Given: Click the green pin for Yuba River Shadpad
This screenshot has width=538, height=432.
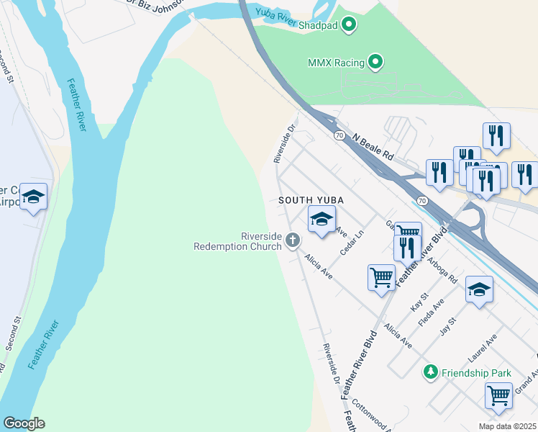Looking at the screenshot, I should click(350, 25).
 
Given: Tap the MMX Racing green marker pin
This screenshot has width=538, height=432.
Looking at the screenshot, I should click(375, 63).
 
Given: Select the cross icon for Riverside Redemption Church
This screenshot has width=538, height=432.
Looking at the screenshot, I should click(293, 240).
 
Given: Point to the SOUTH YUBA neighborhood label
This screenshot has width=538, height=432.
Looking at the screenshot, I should click(311, 199).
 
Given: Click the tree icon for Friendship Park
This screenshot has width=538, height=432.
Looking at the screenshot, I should click(430, 372).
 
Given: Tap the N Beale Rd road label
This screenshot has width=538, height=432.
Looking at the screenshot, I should click(373, 145).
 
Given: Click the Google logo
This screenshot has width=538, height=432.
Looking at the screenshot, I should click(24, 423).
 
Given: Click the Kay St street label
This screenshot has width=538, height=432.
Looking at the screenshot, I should click(419, 302).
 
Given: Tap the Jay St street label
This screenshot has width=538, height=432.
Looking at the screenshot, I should click(448, 327).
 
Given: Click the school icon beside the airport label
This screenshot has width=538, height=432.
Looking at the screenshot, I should click(33, 197).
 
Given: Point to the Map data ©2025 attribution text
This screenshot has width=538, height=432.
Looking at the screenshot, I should click(508, 426).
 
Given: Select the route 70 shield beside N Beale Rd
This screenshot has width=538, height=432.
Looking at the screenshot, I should click(339, 135).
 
